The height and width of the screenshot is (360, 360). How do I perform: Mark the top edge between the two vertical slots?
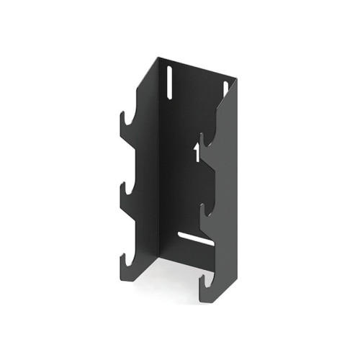tap(198, 69)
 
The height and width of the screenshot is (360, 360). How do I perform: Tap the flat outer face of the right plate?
tap(225, 216)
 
